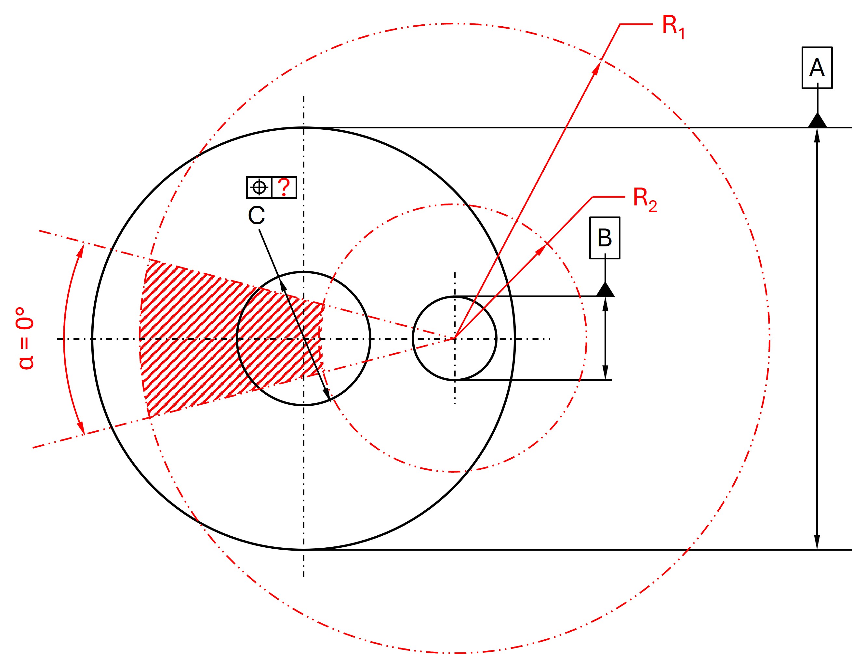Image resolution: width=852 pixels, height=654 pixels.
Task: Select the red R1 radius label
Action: tap(673, 27)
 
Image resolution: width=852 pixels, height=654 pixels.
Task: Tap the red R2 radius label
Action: tap(645, 199)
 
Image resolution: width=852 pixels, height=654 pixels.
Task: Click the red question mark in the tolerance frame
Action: tap(284, 187)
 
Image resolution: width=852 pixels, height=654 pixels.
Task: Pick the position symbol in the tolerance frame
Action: tap(259, 187)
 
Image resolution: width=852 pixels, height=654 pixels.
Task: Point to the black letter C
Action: tap(256, 215)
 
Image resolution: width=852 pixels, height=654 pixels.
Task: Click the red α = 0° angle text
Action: tap(25, 338)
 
